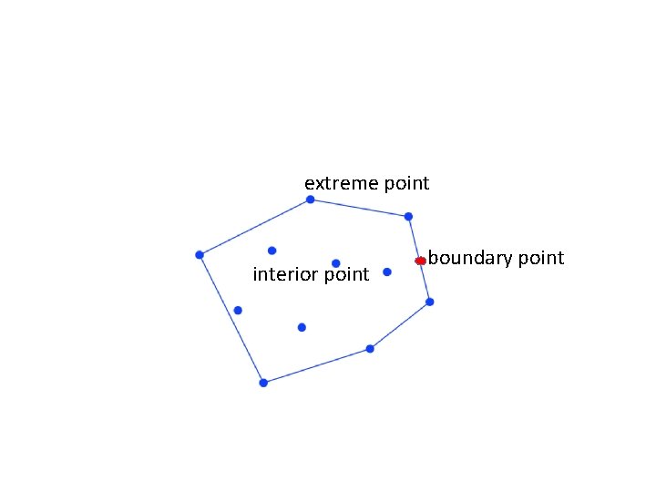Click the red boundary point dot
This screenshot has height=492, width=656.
point(420,261)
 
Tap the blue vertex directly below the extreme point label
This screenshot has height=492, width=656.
point(310,199)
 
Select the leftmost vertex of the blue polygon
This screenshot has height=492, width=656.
point(200,254)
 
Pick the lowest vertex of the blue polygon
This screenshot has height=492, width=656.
point(263,383)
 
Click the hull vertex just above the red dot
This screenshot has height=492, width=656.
point(408,216)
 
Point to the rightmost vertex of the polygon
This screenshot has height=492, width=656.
point(430,302)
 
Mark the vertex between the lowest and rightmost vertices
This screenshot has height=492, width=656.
point(370,348)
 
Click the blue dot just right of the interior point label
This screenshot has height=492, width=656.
point(387,272)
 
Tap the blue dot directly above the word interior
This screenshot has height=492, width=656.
point(272,250)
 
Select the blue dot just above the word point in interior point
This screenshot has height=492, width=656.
point(336,263)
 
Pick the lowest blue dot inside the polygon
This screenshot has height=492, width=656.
point(302,327)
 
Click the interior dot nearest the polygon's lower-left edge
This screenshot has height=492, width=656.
point(238,311)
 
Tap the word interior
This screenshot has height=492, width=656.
point(280,274)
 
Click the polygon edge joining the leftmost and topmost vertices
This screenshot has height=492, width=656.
point(254,227)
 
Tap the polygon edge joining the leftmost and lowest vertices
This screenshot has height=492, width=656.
point(231,319)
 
